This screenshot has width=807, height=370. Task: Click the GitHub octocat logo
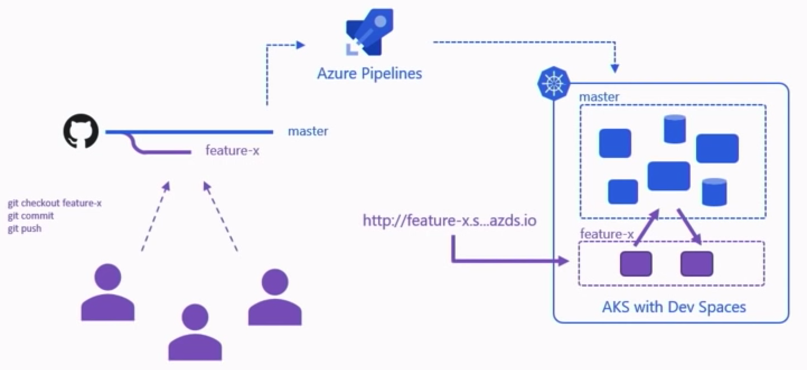[81, 132]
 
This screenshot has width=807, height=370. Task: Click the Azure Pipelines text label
[369, 73]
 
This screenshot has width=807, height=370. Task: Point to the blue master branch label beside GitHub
[308, 132]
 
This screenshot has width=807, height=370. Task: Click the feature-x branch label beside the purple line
[232, 151]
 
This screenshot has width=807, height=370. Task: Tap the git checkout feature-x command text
[54, 203]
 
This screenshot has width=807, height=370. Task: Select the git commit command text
[31, 216]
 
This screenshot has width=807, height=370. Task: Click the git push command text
[25, 229]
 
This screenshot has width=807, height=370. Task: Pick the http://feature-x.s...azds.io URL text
[449, 221]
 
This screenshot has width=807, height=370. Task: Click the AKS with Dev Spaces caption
[674, 307]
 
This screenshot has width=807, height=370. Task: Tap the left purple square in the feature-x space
[636, 264]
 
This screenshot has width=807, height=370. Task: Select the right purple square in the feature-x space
[697, 264]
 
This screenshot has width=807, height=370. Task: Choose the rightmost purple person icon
[275, 298]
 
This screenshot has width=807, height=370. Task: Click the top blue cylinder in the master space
[675, 129]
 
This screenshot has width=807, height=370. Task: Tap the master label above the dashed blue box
[599, 97]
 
